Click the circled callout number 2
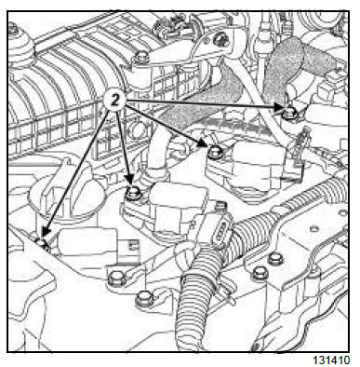tap(114, 101)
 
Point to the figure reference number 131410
tap(331, 360)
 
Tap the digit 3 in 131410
tap(322, 360)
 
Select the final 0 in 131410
tap(346, 360)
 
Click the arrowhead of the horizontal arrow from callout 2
tap(278, 107)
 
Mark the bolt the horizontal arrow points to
tap(290, 113)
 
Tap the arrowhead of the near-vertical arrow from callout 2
tap(128, 180)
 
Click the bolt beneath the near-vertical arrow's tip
tap(134, 192)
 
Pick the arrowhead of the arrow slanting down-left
tap(46, 232)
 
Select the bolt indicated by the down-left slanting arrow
tap(42, 242)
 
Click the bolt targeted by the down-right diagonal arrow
tap(214, 153)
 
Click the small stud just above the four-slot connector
tap(220, 205)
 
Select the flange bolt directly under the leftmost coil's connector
tap(115, 279)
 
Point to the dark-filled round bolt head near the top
tap(221, 39)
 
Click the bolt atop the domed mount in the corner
tap(13, 29)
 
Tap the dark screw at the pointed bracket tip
tap(256, 346)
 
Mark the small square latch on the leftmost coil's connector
tap(133, 245)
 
